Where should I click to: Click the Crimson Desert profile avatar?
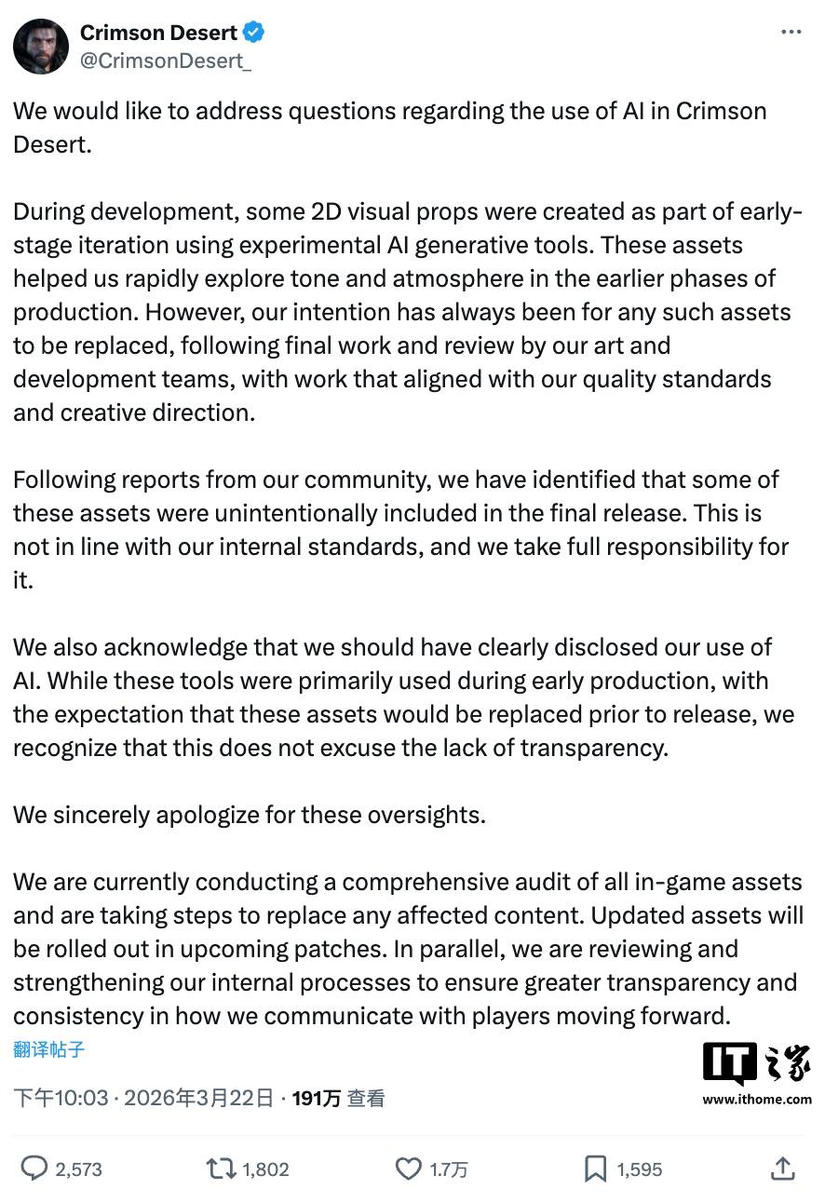[41, 46]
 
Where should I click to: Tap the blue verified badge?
[253, 33]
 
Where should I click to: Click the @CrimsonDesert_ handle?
[165, 61]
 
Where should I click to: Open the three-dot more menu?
[791, 33]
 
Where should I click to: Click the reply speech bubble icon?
[34, 1169]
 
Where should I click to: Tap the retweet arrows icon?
[221, 1169]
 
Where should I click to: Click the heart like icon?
[409, 1169]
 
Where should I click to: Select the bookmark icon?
[595, 1169]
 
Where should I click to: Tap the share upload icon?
[783, 1169]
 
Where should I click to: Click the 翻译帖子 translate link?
[48, 1049]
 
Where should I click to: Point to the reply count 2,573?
[78, 1169]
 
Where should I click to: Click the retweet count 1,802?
[265, 1169]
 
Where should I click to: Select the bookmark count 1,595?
[639, 1169]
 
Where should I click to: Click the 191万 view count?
[317, 1099]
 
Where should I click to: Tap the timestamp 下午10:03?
[61, 1099]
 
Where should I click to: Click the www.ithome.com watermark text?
[757, 1100]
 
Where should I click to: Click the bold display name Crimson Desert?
[158, 33]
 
